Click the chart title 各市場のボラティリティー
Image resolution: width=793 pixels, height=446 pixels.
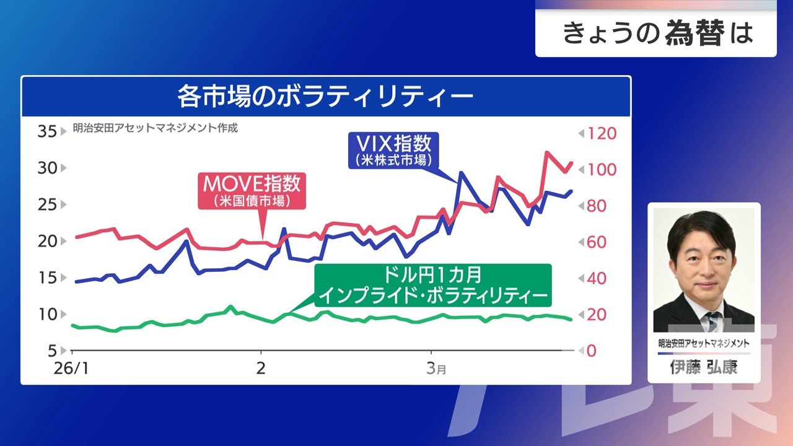(x=325, y=97)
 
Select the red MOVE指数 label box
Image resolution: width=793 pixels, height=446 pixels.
(x=252, y=191)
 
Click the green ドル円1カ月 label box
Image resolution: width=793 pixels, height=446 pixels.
(x=432, y=285)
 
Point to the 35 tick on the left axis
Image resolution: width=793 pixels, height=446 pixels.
(x=46, y=132)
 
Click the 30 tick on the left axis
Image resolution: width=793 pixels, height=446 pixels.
(x=46, y=168)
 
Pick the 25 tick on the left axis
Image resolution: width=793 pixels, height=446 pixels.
(x=46, y=204)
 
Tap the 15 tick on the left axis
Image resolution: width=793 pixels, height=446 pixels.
(x=46, y=278)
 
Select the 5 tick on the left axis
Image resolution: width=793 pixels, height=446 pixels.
(x=52, y=351)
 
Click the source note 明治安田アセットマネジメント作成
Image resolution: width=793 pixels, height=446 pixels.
(x=155, y=129)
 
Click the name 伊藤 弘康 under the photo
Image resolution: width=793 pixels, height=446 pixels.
(x=704, y=367)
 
